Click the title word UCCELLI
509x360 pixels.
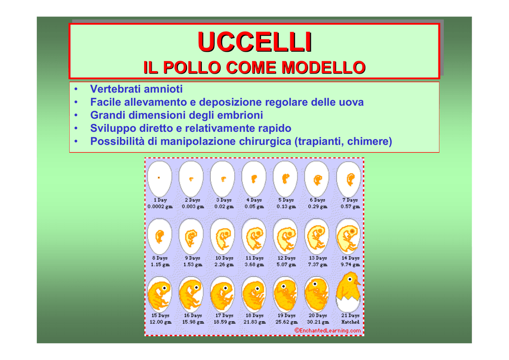255,42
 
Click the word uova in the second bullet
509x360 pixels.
351,102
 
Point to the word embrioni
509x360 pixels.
240,115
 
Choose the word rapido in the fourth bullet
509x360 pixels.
274,128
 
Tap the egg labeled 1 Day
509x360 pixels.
160,179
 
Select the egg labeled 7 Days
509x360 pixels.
349,179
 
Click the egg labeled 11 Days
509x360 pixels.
254,236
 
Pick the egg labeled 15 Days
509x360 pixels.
160,294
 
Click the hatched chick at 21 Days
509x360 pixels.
348,292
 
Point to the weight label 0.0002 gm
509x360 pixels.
160,206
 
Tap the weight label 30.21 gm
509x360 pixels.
318,322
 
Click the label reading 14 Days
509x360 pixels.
350,258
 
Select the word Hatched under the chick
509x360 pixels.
350,322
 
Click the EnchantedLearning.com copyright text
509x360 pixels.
328,331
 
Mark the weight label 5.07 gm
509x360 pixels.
286,265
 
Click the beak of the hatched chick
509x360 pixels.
357,282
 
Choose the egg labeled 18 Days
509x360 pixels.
254,294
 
